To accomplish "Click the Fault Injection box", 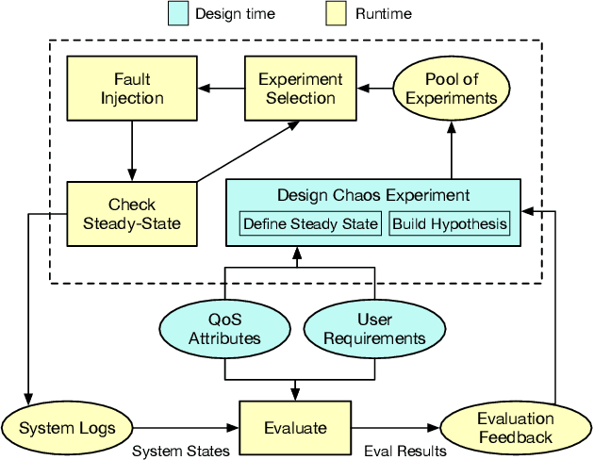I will [131, 89].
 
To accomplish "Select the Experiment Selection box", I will [301, 89].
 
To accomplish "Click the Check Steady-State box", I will [131, 213].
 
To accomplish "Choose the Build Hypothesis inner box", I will [450, 224].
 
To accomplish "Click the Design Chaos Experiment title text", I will [372, 196].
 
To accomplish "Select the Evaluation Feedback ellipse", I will [515, 427].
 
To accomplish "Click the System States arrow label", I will [180, 452].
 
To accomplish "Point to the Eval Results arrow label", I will [404, 452].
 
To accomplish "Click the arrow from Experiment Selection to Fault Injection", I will [220, 89].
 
